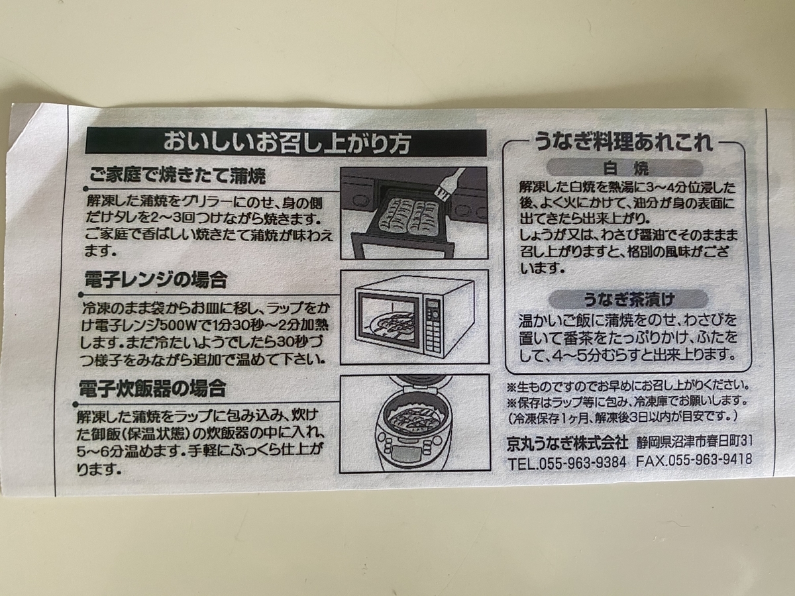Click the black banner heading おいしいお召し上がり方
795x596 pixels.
point(286,142)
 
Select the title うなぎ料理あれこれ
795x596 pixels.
point(624,142)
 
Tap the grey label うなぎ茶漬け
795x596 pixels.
point(625,298)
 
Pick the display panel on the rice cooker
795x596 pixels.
point(405,456)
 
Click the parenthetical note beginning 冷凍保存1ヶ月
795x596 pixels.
point(623,417)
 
